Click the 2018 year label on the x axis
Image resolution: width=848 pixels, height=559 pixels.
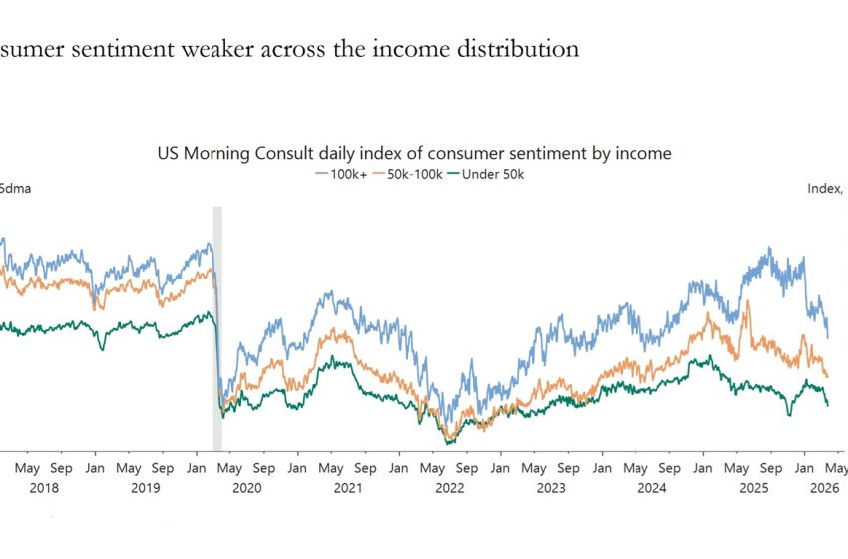[44, 488]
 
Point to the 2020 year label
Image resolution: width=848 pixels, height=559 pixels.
[246, 488]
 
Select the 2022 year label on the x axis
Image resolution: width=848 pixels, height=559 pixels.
[450, 488]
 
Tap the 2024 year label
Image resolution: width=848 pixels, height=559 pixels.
[652, 488]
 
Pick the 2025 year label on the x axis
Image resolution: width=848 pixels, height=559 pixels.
[754, 488]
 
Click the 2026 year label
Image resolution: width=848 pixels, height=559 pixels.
[823, 488]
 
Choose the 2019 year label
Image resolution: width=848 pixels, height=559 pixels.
[145, 488]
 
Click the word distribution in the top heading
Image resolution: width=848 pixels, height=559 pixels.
[527, 48]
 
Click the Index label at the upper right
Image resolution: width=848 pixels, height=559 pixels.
[824, 188]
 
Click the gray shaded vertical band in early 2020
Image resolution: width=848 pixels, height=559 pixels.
[217, 329]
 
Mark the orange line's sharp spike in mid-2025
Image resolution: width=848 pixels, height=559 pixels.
[747, 305]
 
